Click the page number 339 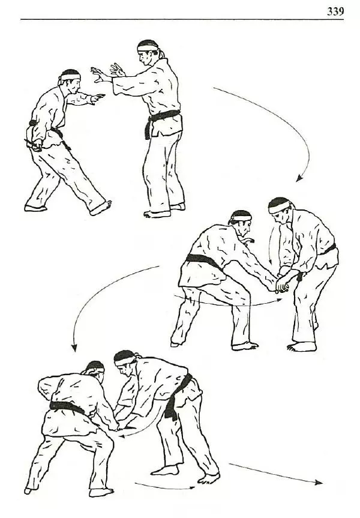(x=335, y=11)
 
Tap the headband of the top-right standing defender (x=148, y=47)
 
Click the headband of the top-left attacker (x=70, y=77)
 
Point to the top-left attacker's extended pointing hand (x=98, y=97)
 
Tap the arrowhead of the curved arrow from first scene (x=299, y=178)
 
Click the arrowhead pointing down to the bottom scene (x=74, y=348)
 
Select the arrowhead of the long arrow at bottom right (x=319, y=483)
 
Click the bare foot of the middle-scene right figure (x=302, y=347)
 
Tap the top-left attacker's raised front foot (x=101, y=207)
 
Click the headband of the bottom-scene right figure (x=124, y=361)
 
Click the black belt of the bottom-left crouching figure (x=67, y=407)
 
